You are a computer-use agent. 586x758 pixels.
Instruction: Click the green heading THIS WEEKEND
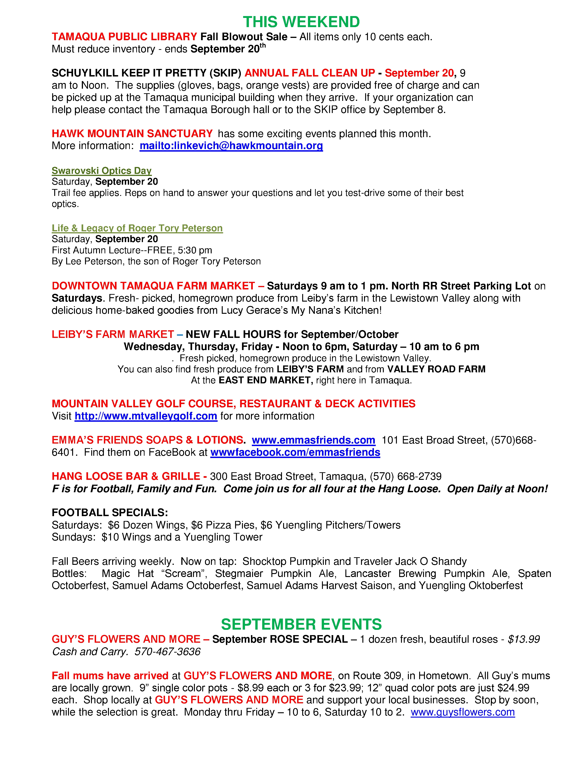tap(301, 22)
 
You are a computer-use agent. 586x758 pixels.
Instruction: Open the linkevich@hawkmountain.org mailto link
tap(231, 146)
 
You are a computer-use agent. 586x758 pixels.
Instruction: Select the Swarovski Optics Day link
tap(101, 171)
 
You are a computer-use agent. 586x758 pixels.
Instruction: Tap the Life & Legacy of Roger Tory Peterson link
tap(137, 228)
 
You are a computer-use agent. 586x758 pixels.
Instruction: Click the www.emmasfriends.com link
tap(313, 440)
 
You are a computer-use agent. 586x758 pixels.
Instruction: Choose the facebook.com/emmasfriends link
tap(295, 452)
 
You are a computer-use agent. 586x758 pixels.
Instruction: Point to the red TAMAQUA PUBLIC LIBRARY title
tap(124, 37)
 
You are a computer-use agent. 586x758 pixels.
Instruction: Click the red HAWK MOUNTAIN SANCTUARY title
tap(132, 134)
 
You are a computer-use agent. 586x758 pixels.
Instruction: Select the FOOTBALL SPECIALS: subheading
tap(110, 513)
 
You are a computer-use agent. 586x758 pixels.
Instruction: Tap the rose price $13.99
tap(523, 639)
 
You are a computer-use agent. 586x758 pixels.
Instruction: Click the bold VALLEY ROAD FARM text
tap(436, 369)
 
